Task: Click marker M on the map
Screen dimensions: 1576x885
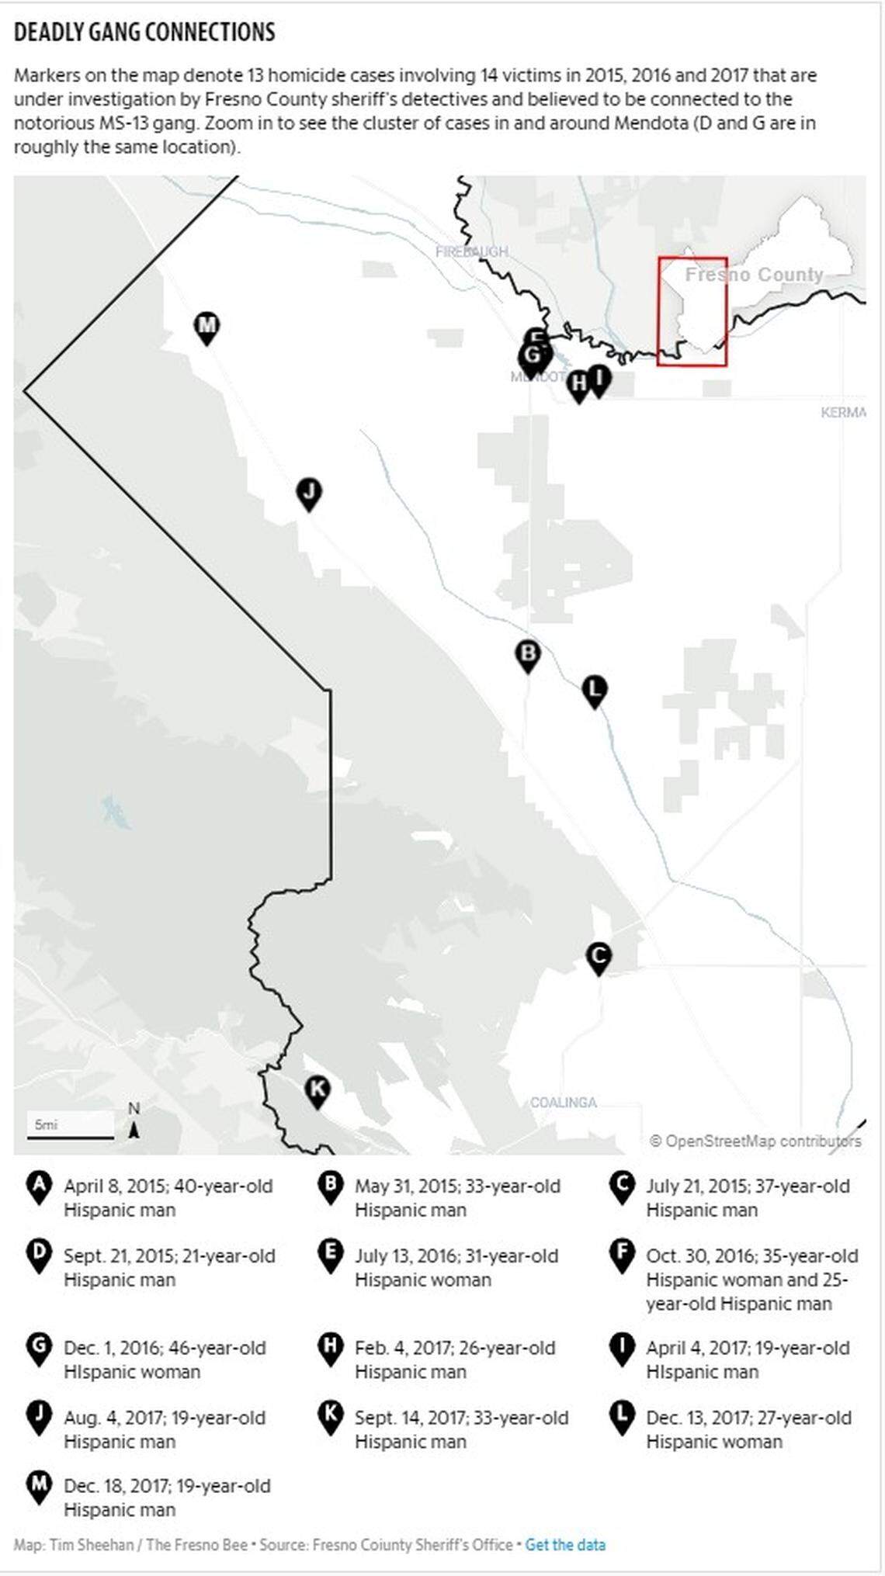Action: click(x=206, y=327)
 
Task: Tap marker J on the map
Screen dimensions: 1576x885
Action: click(x=309, y=493)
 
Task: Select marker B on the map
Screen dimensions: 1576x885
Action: click(x=528, y=654)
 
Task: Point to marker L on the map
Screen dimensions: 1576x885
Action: click(x=595, y=690)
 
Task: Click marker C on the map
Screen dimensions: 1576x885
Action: click(x=599, y=957)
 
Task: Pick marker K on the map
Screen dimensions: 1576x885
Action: click(x=317, y=1090)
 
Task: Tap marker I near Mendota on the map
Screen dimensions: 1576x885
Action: click(x=599, y=379)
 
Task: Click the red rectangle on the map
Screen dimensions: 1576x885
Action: click(x=692, y=311)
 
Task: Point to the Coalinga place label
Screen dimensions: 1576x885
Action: click(x=564, y=1103)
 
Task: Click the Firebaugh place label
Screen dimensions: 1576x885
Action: click(x=471, y=251)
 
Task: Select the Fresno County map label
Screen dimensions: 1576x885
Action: click(x=754, y=275)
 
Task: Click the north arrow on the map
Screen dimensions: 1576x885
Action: click(x=134, y=1121)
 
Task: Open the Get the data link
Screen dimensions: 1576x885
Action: click(x=565, y=1544)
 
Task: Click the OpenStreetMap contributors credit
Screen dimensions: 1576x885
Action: click(x=755, y=1141)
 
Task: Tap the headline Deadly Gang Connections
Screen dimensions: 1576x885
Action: click(x=145, y=32)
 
